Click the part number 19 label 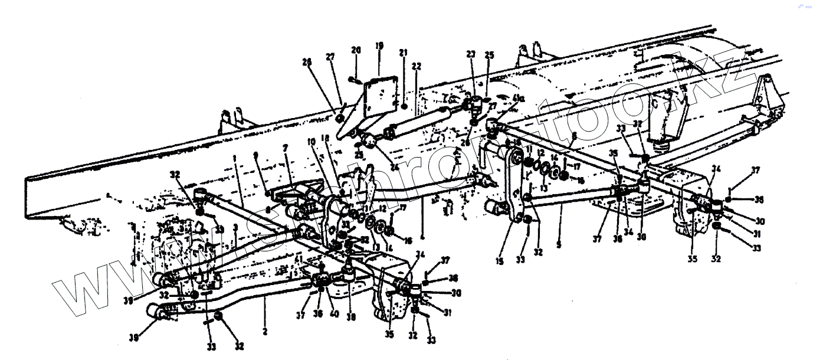(378, 45)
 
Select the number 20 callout (356, 50)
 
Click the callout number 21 (404, 53)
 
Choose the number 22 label (417, 66)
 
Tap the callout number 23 (470, 53)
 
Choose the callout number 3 (235, 227)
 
